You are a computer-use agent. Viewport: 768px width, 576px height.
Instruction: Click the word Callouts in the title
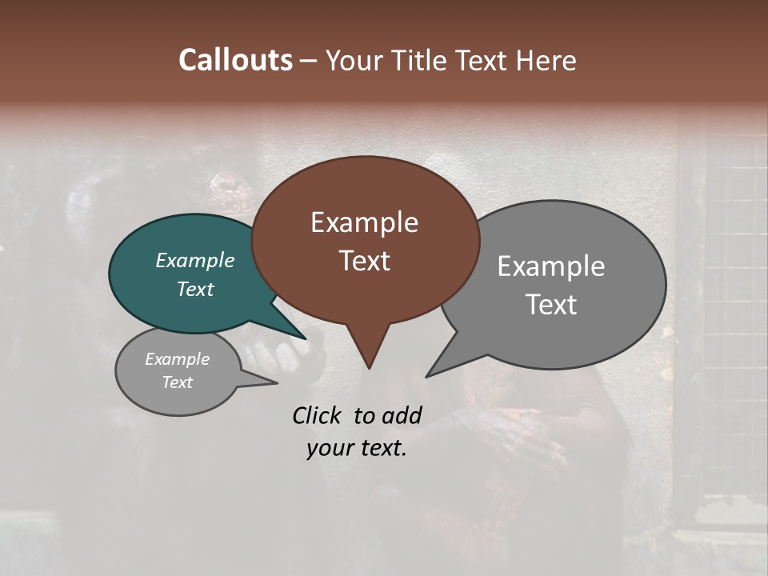[235, 60]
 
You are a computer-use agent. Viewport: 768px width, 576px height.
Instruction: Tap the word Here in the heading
[546, 60]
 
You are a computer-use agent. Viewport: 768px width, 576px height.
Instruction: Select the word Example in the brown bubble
[364, 222]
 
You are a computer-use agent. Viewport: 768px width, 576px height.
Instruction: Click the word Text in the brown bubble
[364, 261]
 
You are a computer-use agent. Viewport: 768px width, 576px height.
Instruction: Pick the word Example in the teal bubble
[194, 260]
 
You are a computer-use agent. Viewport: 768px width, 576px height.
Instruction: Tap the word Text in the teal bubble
[194, 289]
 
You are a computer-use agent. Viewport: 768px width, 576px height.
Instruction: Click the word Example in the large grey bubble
[550, 266]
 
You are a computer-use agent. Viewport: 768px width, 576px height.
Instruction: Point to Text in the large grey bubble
[550, 305]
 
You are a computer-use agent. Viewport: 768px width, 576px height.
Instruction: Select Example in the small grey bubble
[177, 359]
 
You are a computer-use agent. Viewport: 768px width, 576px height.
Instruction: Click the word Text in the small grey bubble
[177, 382]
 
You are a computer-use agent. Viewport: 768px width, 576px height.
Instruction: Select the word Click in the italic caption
[318, 415]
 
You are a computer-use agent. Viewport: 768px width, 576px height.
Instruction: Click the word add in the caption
[401, 415]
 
